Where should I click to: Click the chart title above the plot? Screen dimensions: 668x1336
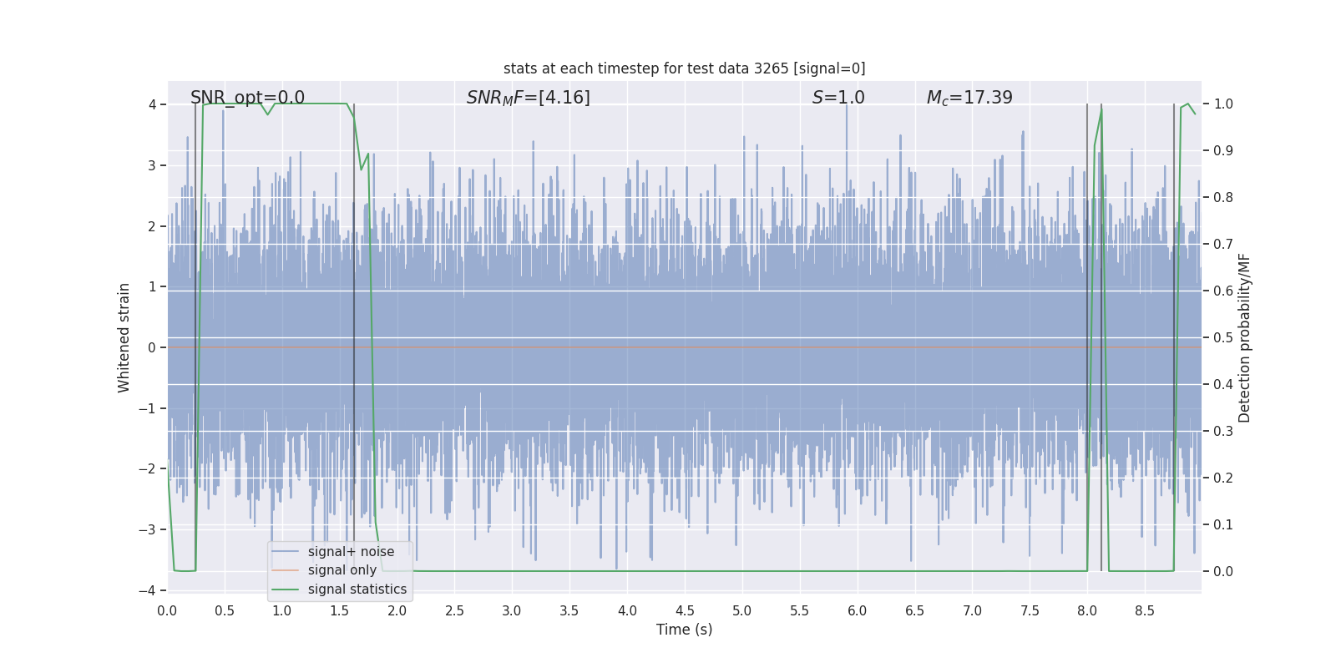pos(684,68)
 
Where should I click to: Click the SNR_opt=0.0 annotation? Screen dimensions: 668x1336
pos(247,98)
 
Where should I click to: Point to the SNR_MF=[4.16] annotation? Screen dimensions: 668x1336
pos(528,98)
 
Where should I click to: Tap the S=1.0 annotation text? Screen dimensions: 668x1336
pos(838,98)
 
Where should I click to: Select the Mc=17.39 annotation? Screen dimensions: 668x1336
pos(969,98)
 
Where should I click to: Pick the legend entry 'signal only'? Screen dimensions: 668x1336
pos(342,570)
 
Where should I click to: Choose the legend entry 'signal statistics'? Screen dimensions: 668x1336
pos(357,590)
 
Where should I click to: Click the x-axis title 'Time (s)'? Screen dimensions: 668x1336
pos(684,630)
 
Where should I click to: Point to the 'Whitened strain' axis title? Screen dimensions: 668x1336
pos(124,337)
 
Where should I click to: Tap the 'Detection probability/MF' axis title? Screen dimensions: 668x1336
pos(1244,337)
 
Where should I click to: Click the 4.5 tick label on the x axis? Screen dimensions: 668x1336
pos(685,611)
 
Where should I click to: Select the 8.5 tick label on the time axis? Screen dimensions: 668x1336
pos(1145,611)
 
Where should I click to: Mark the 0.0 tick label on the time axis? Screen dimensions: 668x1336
pos(167,611)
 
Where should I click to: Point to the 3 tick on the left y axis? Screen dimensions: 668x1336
pos(152,165)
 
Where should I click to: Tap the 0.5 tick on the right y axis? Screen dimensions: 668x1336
pos(1223,337)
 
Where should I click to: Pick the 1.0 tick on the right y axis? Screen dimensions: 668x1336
pos(1223,104)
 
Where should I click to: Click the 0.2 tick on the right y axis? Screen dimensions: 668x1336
pos(1223,478)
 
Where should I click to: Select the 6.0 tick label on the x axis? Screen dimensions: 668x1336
pos(858,611)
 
